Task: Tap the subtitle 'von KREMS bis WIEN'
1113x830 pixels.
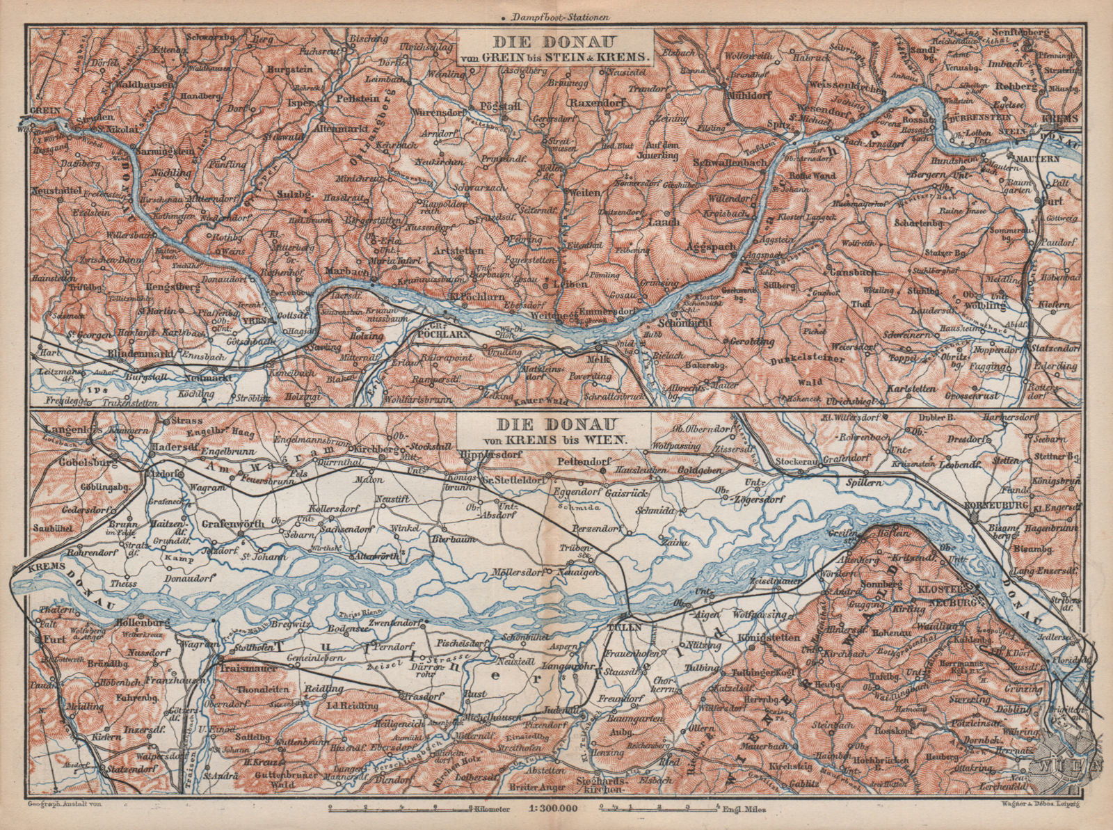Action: (x=543, y=440)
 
